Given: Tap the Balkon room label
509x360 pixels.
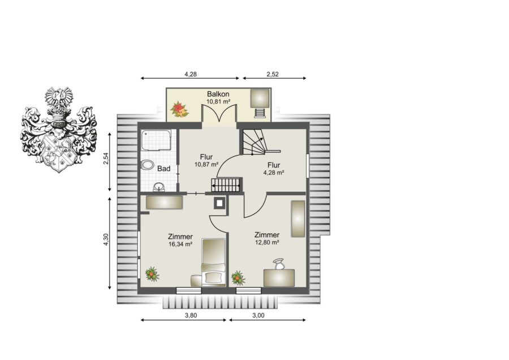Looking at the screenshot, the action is coord(218,94).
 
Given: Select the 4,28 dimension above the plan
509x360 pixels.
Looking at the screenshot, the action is coord(191,74).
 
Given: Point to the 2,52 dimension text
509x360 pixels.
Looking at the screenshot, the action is coord(273,74).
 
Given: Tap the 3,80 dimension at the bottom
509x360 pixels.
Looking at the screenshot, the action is coord(191,315).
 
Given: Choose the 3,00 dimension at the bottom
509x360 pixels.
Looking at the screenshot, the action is coord(258,315).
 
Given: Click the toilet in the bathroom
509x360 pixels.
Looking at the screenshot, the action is coord(147,165).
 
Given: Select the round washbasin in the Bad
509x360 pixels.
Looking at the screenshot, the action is coord(159,187).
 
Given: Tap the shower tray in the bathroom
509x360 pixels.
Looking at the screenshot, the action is coord(156,140).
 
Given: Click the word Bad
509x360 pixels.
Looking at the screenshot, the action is coord(164,169).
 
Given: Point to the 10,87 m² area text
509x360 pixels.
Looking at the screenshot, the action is coord(206,164).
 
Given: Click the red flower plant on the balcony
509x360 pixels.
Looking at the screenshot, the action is coord(179,109).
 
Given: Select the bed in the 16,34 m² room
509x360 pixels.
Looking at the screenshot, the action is coord(213,263).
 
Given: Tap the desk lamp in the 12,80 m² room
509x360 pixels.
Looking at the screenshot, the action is coord(278,264).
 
